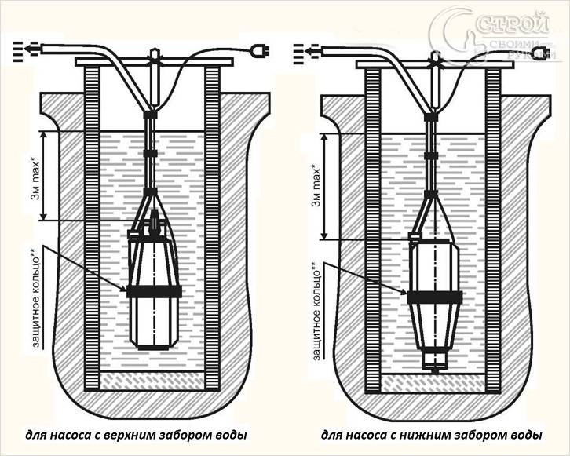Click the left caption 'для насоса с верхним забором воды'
(136, 434)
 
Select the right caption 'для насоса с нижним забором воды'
(430, 434)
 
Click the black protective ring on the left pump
(155, 290)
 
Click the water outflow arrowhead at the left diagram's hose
(27, 48)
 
